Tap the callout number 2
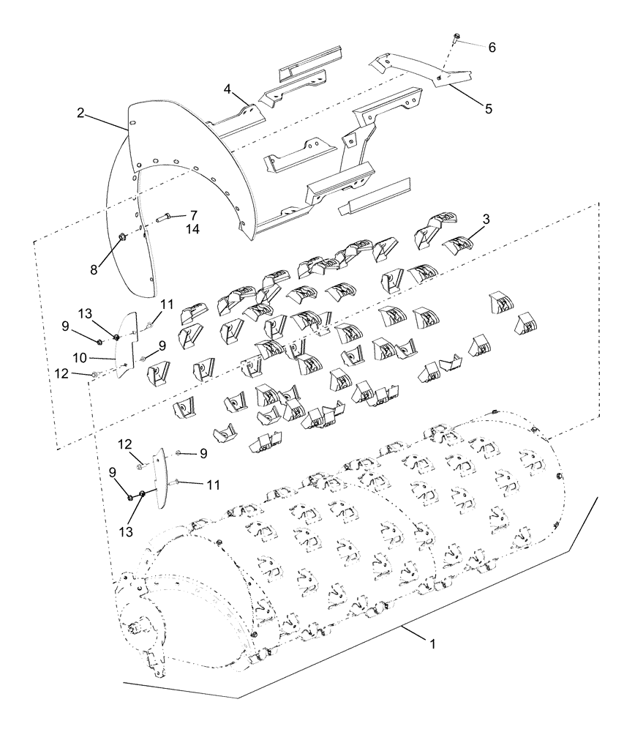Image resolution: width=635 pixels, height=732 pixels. point(81,113)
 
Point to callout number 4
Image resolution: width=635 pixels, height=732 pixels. point(228,89)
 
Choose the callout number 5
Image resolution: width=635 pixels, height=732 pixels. point(487,108)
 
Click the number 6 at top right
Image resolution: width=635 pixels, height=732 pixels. point(492,47)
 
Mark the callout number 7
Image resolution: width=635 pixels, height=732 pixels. point(193,215)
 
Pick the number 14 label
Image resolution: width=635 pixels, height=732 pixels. point(193,229)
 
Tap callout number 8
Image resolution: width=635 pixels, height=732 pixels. point(94,269)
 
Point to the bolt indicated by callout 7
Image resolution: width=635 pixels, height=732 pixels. point(162,217)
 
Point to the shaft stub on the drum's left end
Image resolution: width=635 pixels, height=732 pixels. point(135,627)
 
